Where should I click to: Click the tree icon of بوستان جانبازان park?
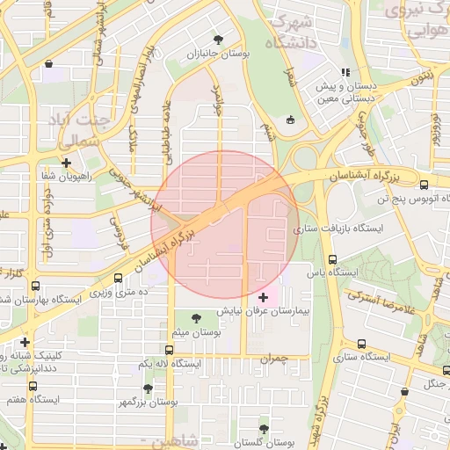(218, 40)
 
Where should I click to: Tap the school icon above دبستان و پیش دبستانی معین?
(345, 72)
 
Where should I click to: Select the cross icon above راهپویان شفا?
(67, 163)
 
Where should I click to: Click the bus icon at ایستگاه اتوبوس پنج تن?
(425, 185)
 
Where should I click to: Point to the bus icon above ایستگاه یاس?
(332, 259)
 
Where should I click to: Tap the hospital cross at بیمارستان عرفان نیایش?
(264, 298)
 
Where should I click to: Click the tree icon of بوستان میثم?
(194, 317)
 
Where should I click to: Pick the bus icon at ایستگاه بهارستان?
(36, 286)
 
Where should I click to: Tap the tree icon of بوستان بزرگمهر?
(148, 388)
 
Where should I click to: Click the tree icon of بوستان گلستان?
(264, 428)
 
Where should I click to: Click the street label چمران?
(274, 359)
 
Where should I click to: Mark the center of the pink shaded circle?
(225, 225)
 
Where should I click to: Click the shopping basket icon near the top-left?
(48, 63)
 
